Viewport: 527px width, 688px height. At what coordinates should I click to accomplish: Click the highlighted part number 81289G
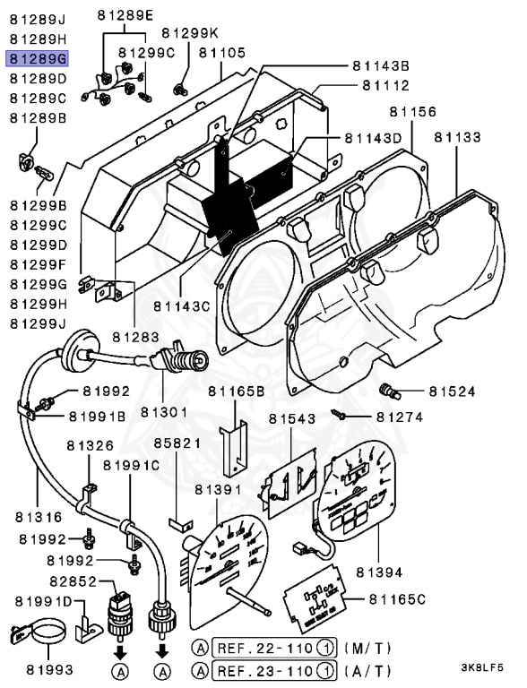pyautogui.click(x=38, y=58)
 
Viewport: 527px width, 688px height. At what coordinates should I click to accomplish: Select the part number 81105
pyautogui.click(x=221, y=54)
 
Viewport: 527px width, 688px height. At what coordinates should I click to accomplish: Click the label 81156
pyautogui.click(x=413, y=111)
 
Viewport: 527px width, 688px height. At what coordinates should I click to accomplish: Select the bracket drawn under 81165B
pyautogui.click(x=232, y=449)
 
